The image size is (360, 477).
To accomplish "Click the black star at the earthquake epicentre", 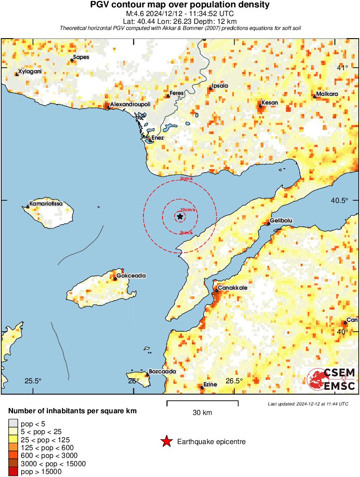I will click(x=180, y=216).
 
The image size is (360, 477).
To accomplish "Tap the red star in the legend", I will click(x=166, y=442).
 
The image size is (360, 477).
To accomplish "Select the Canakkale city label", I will click(x=232, y=288).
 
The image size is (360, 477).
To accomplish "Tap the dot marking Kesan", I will click(x=260, y=106).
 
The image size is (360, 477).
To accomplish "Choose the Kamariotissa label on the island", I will click(x=46, y=203).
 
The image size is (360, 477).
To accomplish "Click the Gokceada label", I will click(x=131, y=275).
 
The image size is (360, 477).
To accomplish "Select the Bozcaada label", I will click(x=162, y=372).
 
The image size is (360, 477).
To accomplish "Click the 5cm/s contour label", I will click(x=186, y=233).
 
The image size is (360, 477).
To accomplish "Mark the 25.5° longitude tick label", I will click(x=33, y=381).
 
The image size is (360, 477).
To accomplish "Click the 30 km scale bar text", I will click(x=202, y=413).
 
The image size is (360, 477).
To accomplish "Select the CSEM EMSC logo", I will click(x=331, y=379).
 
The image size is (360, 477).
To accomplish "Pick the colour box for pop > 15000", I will click(x=13, y=471).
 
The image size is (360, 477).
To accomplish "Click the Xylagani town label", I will click(x=30, y=72).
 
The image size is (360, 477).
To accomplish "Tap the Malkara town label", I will click(x=327, y=94).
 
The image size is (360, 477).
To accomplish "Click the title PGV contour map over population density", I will click(x=180, y=5).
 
